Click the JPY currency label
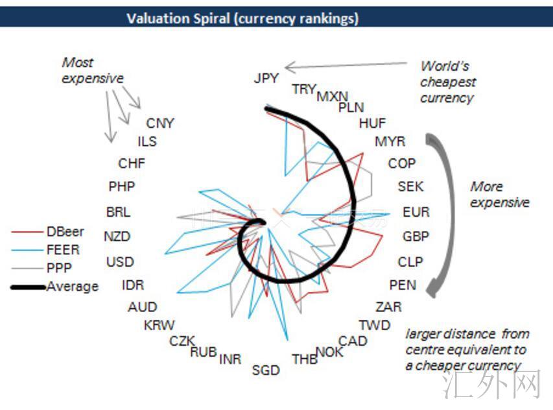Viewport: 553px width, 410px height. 266,78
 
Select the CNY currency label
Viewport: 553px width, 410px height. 160,123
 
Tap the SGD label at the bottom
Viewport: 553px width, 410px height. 266,370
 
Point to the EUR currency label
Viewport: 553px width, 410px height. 416,212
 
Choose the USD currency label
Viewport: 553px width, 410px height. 120,262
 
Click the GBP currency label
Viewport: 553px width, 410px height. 416,237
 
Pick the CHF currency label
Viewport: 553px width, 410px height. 132,163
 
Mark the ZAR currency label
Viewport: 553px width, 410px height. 388,306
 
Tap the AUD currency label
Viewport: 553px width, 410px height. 142,307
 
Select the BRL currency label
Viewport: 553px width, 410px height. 118,212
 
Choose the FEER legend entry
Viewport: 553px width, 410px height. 63,250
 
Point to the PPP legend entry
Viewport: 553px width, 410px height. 59,267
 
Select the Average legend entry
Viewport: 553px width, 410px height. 72,286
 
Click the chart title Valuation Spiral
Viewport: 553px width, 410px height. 242,18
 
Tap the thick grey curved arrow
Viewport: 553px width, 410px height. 443,214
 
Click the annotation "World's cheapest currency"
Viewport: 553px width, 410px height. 447,82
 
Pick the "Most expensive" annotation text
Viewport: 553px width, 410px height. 92,71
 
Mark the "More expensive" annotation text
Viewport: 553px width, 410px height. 499,195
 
